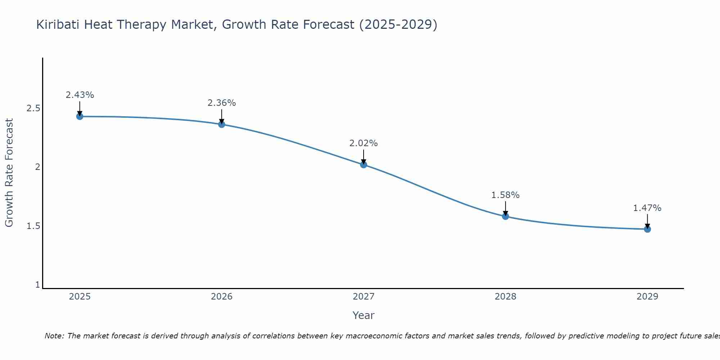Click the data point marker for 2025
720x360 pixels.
pyautogui.click(x=80, y=116)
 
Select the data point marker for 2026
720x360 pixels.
pyautogui.click(x=222, y=124)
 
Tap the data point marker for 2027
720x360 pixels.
pyautogui.click(x=364, y=165)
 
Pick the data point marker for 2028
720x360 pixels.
pyautogui.click(x=505, y=216)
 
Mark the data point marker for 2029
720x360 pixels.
pyautogui.click(x=647, y=229)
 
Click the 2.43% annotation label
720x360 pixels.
pyautogui.click(x=80, y=95)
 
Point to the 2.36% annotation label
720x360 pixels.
pyautogui.click(x=222, y=103)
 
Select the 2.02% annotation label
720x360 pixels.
pyautogui.click(x=364, y=143)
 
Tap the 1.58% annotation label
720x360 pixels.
pyautogui.click(x=505, y=195)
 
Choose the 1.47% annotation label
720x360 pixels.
pyautogui.click(x=647, y=208)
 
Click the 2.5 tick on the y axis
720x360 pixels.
pyautogui.click(x=33, y=108)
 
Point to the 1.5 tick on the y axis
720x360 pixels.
pyautogui.click(x=33, y=226)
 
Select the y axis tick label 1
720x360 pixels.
pyautogui.click(x=37, y=285)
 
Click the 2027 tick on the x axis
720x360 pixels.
pyautogui.click(x=364, y=297)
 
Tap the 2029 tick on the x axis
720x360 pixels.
pyautogui.click(x=647, y=297)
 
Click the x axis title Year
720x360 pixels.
pyautogui.click(x=364, y=315)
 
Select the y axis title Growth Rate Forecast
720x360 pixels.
pyautogui.click(x=9, y=173)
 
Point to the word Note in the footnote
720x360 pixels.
pyautogui.click(x=54, y=336)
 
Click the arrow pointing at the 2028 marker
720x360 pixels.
pyautogui.click(x=505, y=208)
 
